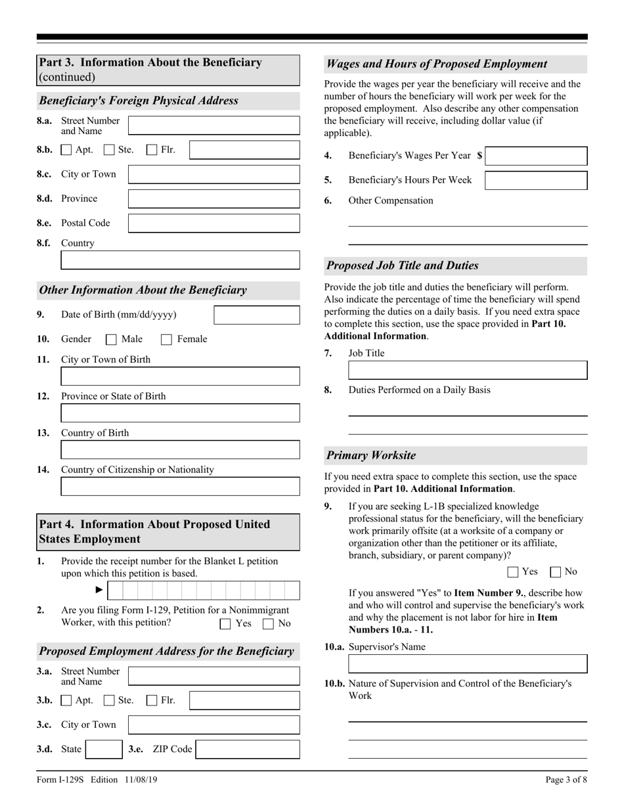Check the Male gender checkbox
(111, 340)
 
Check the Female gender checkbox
(166, 340)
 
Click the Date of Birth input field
(257, 315)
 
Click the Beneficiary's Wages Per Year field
(537, 156)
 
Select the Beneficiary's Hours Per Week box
(536, 181)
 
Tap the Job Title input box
(468, 370)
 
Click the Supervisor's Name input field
(468, 664)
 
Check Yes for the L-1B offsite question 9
(513, 572)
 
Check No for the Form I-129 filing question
(268, 624)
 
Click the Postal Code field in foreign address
(213, 223)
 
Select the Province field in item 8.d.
(213, 199)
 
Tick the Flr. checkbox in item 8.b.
(152, 150)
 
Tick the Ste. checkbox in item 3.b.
(109, 701)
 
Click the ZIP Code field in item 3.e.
(248, 750)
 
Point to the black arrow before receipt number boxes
(100, 590)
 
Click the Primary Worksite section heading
(371, 456)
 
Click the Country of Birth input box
(180, 450)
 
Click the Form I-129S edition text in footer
(97, 780)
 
